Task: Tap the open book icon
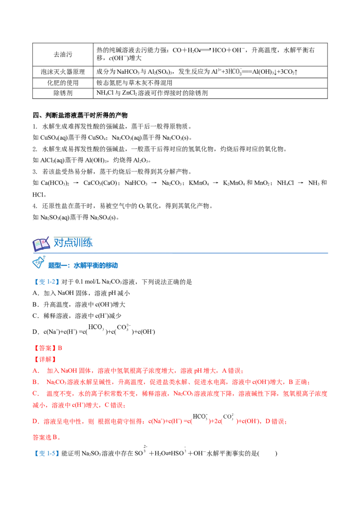[41, 244]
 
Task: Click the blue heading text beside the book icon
[73, 242]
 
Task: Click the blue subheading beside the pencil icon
[83, 265]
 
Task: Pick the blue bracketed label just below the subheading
[46, 282]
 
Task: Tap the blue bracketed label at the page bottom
[46, 453]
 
